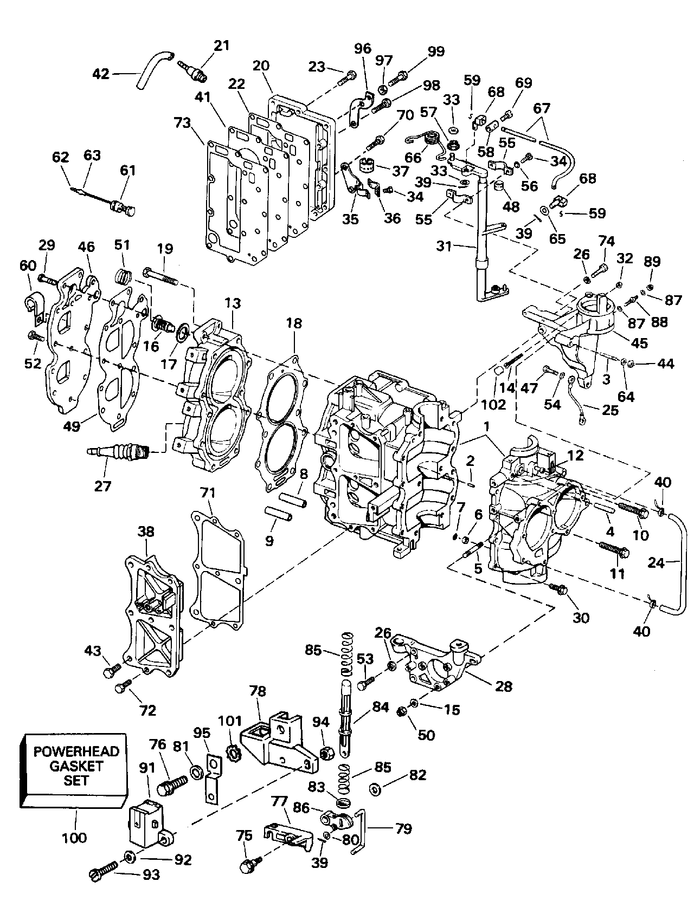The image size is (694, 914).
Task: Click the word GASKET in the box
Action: coord(76,766)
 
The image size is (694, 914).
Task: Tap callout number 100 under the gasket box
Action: coord(74,838)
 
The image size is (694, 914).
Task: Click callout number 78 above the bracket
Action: coord(258,691)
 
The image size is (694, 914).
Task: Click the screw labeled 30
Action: coord(558,589)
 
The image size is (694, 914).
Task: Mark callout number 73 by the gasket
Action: coord(183,123)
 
